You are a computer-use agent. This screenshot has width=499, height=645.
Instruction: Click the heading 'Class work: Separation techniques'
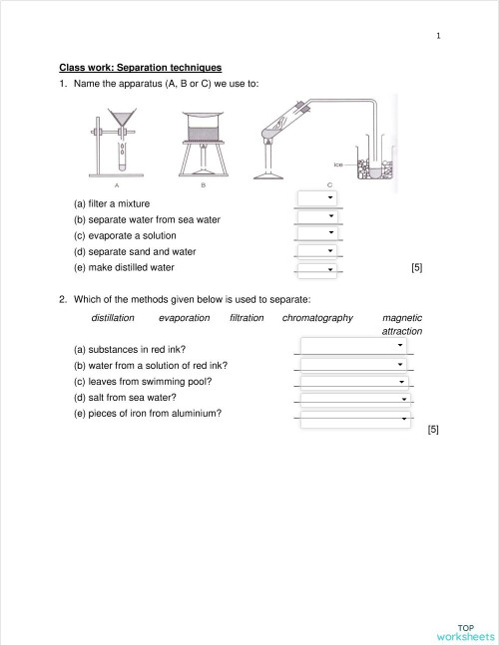pyautogui.click(x=140, y=67)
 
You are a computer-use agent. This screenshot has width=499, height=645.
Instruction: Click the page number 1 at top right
pyautogui.click(x=437, y=37)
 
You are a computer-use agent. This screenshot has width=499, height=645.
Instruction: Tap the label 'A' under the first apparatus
pyautogui.click(x=117, y=185)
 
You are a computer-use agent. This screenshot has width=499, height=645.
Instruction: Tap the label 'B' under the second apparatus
pyautogui.click(x=203, y=185)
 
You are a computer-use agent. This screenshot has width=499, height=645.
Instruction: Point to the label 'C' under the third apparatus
pyautogui.click(x=330, y=185)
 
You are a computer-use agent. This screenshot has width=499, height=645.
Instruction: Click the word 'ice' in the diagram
pyautogui.click(x=339, y=163)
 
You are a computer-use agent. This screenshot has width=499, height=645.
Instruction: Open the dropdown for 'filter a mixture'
pyautogui.click(x=318, y=198)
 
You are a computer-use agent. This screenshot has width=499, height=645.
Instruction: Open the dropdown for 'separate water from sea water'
pyautogui.click(x=318, y=216)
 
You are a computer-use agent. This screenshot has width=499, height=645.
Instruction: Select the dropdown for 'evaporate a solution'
pyautogui.click(x=318, y=233)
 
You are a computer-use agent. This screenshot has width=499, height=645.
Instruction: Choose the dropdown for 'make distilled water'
pyautogui.click(x=318, y=268)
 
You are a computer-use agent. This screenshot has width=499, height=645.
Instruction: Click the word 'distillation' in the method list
pyautogui.click(x=113, y=318)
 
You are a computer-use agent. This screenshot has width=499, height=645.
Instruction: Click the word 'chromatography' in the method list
pyautogui.click(x=317, y=318)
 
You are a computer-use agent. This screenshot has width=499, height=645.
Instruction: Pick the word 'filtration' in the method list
pyautogui.click(x=247, y=318)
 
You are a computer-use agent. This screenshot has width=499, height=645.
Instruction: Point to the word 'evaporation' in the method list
pyautogui.click(x=184, y=318)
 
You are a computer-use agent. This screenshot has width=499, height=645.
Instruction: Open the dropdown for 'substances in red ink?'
pyautogui.click(x=354, y=346)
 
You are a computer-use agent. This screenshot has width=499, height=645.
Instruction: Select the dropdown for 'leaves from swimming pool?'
pyautogui.click(x=354, y=382)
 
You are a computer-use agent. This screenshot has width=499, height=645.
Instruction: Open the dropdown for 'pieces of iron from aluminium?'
pyautogui.click(x=354, y=420)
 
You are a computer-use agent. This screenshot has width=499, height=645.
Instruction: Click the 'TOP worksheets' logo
pyautogui.click(x=464, y=632)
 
